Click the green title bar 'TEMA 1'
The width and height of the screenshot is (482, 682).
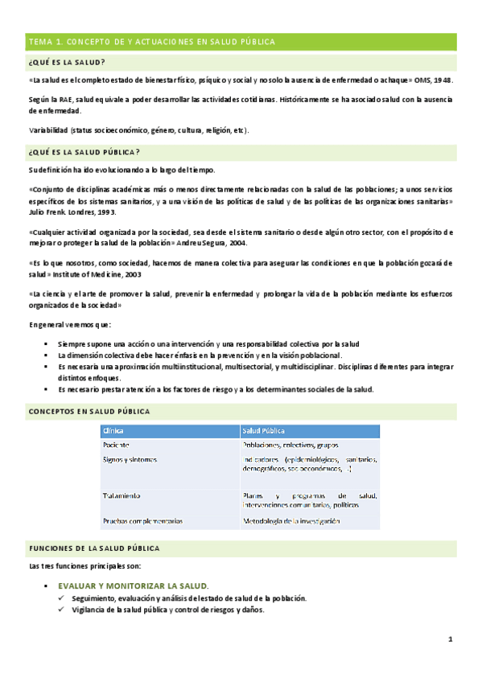point(152,41)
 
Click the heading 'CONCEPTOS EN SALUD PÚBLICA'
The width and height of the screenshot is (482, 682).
point(89,412)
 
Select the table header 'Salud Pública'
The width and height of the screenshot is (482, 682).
point(264,431)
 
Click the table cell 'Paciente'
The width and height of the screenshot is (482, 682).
point(117,445)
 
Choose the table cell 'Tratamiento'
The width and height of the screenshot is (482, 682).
point(122,495)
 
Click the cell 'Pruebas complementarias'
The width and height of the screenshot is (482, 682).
point(142,521)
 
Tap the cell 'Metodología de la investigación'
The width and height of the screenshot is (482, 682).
point(291,521)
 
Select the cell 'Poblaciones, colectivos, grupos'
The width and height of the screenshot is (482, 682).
point(290,445)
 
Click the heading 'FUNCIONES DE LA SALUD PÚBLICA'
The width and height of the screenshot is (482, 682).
point(94,548)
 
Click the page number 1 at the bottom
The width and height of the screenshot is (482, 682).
point(451,640)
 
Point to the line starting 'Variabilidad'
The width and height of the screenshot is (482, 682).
point(138,130)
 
